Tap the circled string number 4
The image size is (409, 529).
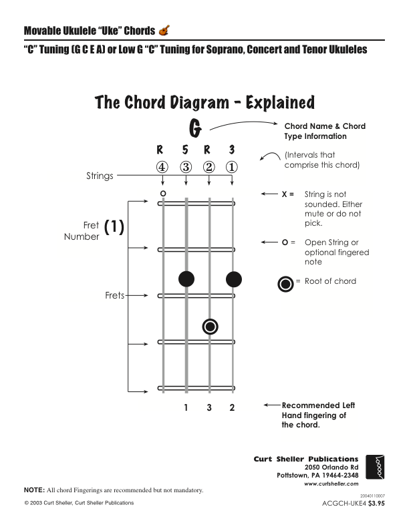click(161, 167)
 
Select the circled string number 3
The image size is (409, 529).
click(186, 167)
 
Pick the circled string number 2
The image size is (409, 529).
click(209, 167)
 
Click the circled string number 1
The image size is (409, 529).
click(232, 167)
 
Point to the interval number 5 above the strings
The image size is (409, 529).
click(186, 150)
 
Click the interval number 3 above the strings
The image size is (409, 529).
click(232, 150)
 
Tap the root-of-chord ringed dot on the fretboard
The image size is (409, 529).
click(210, 326)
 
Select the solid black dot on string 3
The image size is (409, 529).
click(186, 279)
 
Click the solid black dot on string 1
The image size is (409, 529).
click(233, 279)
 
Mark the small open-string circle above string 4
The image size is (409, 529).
click(162, 194)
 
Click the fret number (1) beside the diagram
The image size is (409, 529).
click(114, 227)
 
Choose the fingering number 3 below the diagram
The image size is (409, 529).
click(209, 407)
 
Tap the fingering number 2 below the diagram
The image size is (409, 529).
click(232, 407)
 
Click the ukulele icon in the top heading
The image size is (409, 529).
click(164, 30)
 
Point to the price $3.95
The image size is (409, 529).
click(377, 504)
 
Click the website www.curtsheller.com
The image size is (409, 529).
click(331, 484)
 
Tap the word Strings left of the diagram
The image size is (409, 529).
click(100, 176)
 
